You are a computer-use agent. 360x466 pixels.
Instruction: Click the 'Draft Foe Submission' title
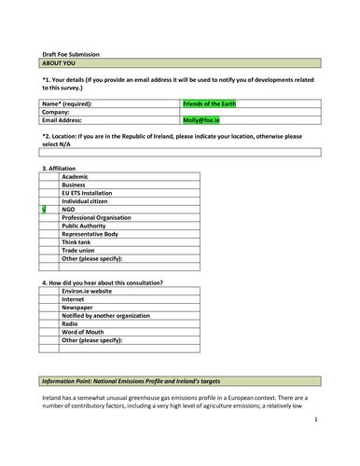[x=71, y=55]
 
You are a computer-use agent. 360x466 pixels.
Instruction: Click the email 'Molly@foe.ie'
[x=201, y=120]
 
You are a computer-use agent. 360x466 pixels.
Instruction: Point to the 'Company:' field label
[x=56, y=112]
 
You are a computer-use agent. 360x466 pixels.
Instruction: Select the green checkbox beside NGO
[x=44, y=210]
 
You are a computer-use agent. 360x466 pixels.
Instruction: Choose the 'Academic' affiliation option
[x=75, y=176]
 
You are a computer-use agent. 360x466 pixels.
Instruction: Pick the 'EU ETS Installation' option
[x=89, y=193]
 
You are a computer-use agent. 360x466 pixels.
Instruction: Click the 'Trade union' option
[x=79, y=251]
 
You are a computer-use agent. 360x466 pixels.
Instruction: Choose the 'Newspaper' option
[x=77, y=308]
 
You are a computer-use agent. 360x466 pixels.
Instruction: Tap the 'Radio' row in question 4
[x=71, y=324]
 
